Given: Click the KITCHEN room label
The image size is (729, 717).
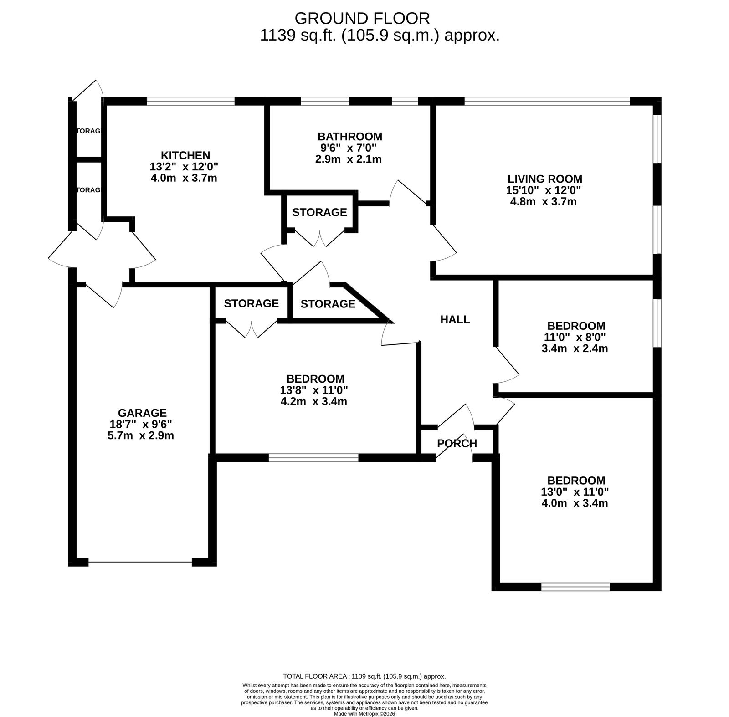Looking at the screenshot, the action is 185,155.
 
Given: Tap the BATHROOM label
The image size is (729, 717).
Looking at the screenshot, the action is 349,137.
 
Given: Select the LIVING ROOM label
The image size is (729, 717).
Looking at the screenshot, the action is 545,179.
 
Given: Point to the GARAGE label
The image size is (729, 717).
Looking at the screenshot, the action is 142,413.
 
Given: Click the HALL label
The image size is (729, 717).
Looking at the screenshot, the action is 455,320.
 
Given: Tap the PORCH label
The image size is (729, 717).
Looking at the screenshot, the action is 457,443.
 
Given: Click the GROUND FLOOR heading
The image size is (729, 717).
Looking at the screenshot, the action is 362,18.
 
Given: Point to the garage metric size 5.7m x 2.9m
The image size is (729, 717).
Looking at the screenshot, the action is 141,436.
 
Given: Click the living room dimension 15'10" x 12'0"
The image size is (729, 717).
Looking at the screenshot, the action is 544,190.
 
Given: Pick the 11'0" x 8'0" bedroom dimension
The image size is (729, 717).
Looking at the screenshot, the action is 575,338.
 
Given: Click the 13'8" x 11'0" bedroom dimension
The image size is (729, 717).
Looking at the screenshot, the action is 314,390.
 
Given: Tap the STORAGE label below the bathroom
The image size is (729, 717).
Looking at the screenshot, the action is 319,212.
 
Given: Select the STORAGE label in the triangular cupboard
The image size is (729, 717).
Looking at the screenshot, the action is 328,304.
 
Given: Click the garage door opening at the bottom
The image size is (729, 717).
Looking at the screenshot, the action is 140,563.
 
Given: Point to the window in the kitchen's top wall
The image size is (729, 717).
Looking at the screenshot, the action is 190,102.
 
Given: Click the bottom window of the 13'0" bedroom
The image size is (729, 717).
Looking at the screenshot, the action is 575,587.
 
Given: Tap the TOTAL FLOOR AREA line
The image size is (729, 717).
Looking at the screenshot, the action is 364,676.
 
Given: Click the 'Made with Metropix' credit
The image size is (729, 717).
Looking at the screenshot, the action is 364,714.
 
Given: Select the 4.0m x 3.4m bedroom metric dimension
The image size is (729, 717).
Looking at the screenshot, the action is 575,503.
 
